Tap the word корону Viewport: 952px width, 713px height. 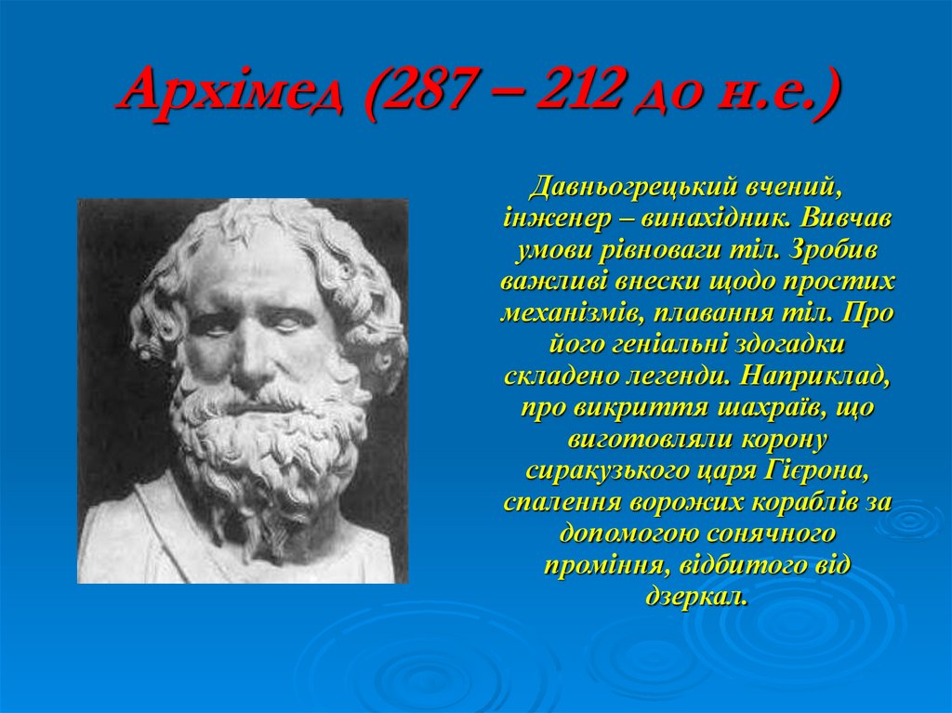tap(782, 440)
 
